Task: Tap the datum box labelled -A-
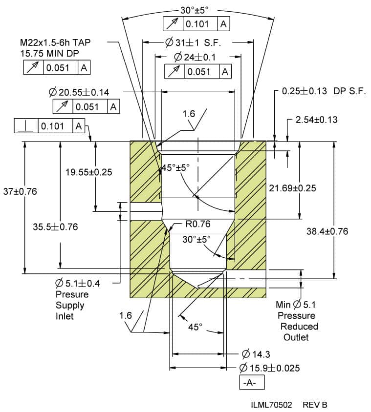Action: (252, 383)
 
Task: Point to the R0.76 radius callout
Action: (198, 225)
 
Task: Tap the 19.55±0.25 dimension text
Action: (88, 172)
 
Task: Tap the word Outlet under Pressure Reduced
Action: (296, 337)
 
